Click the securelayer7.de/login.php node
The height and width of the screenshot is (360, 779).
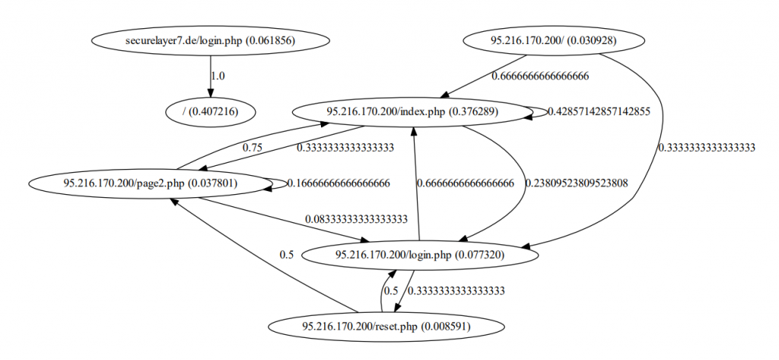(210, 40)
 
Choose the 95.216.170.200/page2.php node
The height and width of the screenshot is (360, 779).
(148, 183)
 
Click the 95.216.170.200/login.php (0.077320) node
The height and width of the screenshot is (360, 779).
(419, 255)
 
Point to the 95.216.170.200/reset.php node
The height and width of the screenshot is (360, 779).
(386, 327)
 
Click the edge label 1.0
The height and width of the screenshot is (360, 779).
(218, 76)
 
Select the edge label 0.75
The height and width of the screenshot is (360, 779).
(253, 148)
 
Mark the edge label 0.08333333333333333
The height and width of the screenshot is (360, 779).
(356, 219)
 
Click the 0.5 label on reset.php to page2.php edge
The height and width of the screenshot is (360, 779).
(286, 255)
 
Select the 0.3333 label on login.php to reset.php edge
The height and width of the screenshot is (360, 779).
(457, 291)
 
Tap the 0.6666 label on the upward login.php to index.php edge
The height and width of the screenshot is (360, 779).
(465, 183)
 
